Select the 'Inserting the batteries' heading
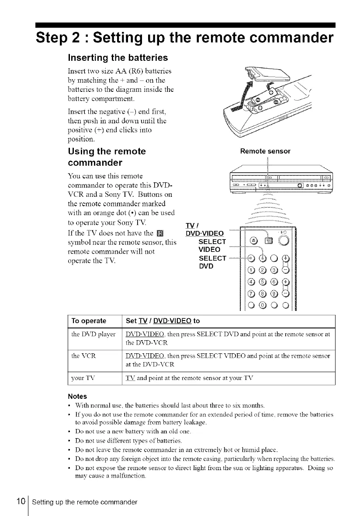[118, 57]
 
